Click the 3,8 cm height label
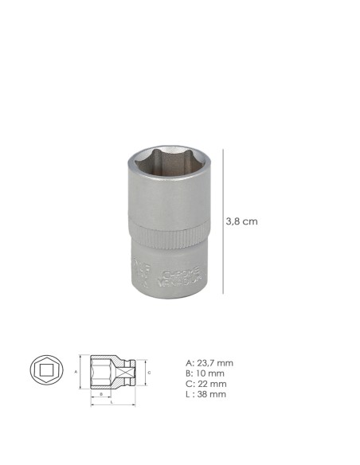coord(243,221)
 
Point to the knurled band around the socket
coord(164,238)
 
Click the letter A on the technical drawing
coord(75,371)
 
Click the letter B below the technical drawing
coord(101,393)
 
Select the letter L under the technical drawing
coord(111,402)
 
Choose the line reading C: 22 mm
coord(205,383)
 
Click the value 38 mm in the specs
coord(212,393)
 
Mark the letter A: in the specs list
coord(188,362)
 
